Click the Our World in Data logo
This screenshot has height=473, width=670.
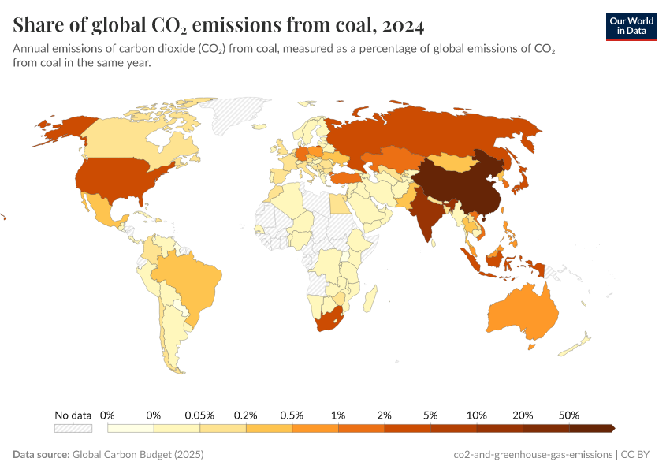(631, 26)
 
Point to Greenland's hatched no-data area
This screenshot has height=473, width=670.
(236, 114)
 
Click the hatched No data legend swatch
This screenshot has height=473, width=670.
(73, 428)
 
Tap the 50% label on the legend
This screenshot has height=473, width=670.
(569, 415)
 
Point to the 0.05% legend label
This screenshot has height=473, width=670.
(199, 415)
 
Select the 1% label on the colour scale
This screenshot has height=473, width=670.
(338, 415)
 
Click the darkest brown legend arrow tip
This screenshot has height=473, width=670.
(612, 428)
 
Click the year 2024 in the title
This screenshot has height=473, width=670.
(404, 26)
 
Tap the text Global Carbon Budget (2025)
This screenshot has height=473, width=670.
(138, 455)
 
